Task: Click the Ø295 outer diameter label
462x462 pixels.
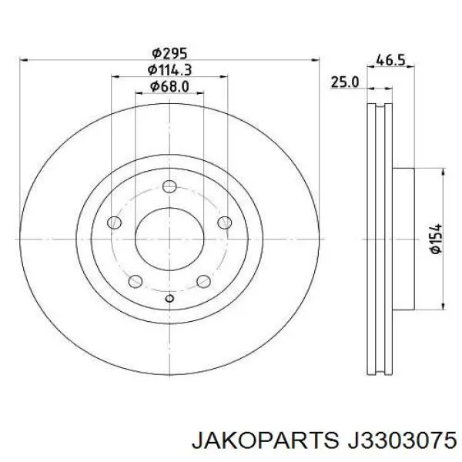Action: [x=169, y=54]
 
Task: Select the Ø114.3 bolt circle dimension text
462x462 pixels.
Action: [x=169, y=70]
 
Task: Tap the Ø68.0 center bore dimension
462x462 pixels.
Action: [x=169, y=86]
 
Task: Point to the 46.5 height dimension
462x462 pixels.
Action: [x=390, y=60]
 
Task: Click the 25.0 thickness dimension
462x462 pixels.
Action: [x=345, y=82]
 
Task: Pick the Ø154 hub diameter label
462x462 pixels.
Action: [x=436, y=239]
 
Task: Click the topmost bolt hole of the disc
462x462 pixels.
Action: [x=169, y=186]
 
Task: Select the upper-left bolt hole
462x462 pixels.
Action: [x=114, y=223]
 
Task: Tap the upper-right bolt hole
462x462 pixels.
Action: [x=225, y=223]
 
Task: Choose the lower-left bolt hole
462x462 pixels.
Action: [x=136, y=281]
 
